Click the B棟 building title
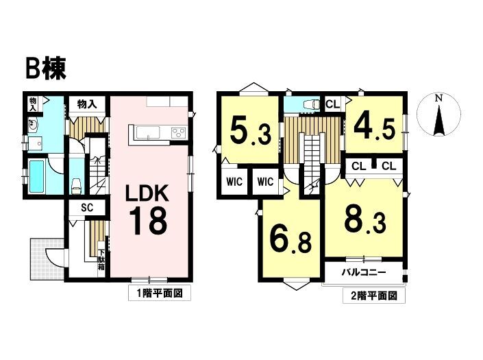[x=46, y=70]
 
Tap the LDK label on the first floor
[x=147, y=193]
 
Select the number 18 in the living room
[x=149, y=221]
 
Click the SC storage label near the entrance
[x=87, y=208]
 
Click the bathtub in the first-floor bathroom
[x=37, y=177]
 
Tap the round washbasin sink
[x=33, y=124]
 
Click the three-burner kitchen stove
[x=179, y=132]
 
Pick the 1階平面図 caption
[x=160, y=293]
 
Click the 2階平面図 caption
[x=373, y=296]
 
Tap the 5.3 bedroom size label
[x=250, y=131]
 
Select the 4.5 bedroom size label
[x=375, y=126]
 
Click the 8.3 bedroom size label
[x=365, y=219]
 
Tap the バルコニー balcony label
[x=364, y=272]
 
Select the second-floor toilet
[x=311, y=105]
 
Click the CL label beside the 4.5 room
[x=333, y=104]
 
